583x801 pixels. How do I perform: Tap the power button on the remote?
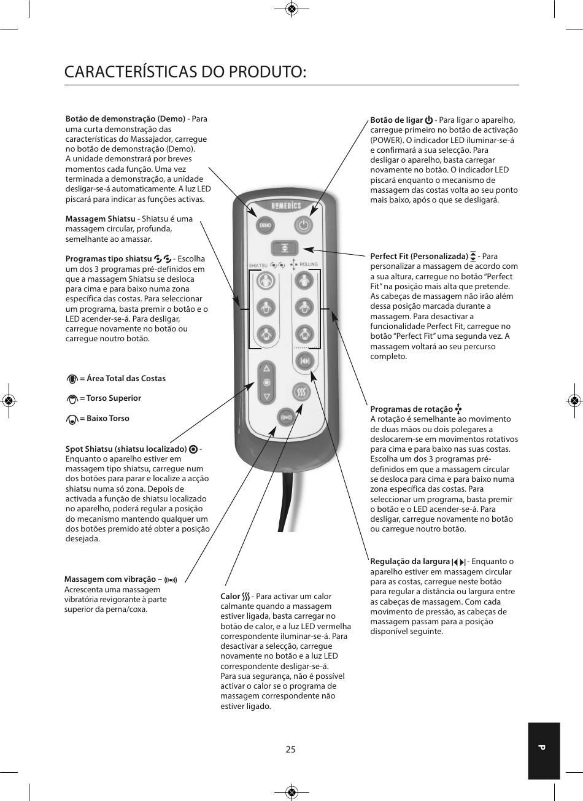point(304,225)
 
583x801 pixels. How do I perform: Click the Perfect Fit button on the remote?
point(285,247)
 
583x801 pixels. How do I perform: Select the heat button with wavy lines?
point(301,392)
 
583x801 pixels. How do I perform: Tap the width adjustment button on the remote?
point(305,360)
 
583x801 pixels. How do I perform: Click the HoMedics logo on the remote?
point(286,206)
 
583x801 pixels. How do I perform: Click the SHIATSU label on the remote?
point(258,266)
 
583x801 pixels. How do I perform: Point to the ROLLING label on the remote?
point(309,265)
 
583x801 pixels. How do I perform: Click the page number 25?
point(291,749)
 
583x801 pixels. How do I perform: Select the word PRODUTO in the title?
point(266,72)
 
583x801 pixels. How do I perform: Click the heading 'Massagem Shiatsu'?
point(101,219)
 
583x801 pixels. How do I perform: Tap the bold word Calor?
point(230,596)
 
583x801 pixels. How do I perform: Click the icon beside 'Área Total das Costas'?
point(72,379)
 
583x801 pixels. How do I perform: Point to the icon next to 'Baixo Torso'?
point(72,419)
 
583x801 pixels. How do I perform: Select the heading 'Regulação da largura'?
point(410,562)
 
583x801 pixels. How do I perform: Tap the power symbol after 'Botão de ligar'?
point(429,120)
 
